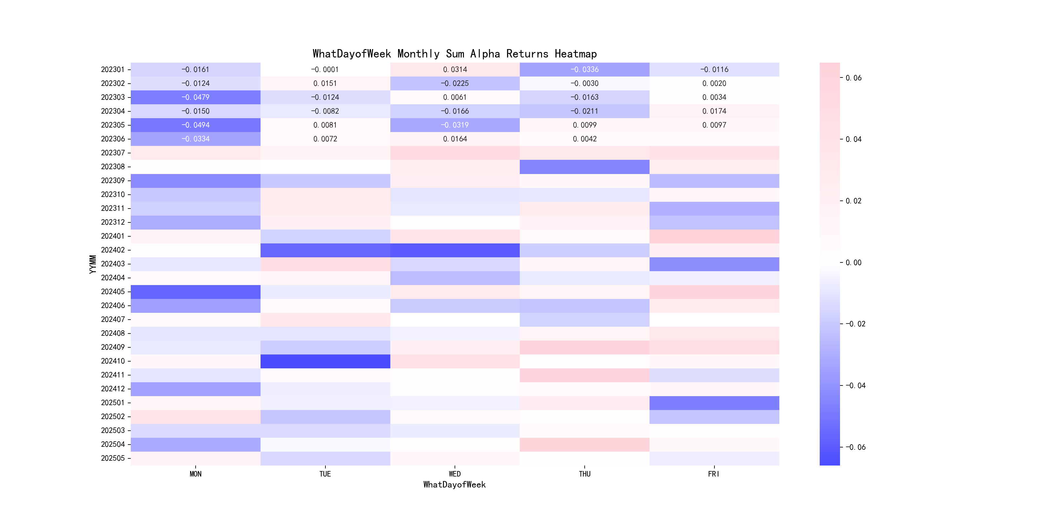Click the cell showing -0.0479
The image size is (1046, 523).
(x=195, y=97)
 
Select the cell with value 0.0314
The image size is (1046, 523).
(x=455, y=70)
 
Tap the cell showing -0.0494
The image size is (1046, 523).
(x=195, y=125)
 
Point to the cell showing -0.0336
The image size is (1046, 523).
(x=584, y=70)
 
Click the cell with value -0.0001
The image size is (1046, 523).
(x=325, y=70)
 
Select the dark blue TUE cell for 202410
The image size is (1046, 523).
(x=325, y=361)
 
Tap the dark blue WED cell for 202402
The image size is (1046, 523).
(x=455, y=250)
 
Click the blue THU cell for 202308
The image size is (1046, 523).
(x=584, y=167)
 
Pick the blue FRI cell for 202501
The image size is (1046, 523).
(x=714, y=403)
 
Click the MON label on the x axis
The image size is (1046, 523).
(x=195, y=474)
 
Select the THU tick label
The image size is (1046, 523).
(x=584, y=474)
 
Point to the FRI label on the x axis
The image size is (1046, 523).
(x=713, y=474)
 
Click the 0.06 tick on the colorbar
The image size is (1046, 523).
(x=853, y=78)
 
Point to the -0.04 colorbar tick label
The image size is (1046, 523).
(x=855, y=386)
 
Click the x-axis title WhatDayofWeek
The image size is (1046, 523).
(x=454, y=485)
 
